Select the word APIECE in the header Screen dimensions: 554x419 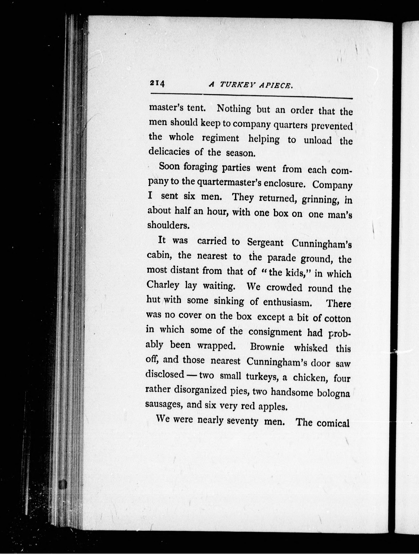276,86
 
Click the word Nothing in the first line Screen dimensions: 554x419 234,109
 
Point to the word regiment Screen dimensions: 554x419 220,138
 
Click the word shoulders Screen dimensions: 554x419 167,225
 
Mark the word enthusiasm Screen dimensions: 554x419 287,302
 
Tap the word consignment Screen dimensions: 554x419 275,332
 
